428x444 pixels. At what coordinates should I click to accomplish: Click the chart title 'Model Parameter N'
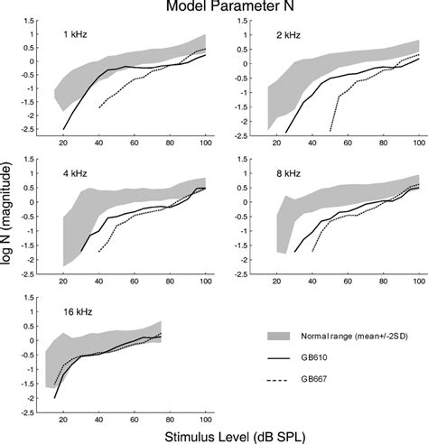coord(214,7)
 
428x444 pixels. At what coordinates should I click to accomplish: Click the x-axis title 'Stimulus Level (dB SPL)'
coord(215,435)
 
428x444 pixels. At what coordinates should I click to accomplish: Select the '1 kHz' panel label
coord(76,33)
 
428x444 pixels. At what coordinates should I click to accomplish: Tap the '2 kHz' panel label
coord(289,33)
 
